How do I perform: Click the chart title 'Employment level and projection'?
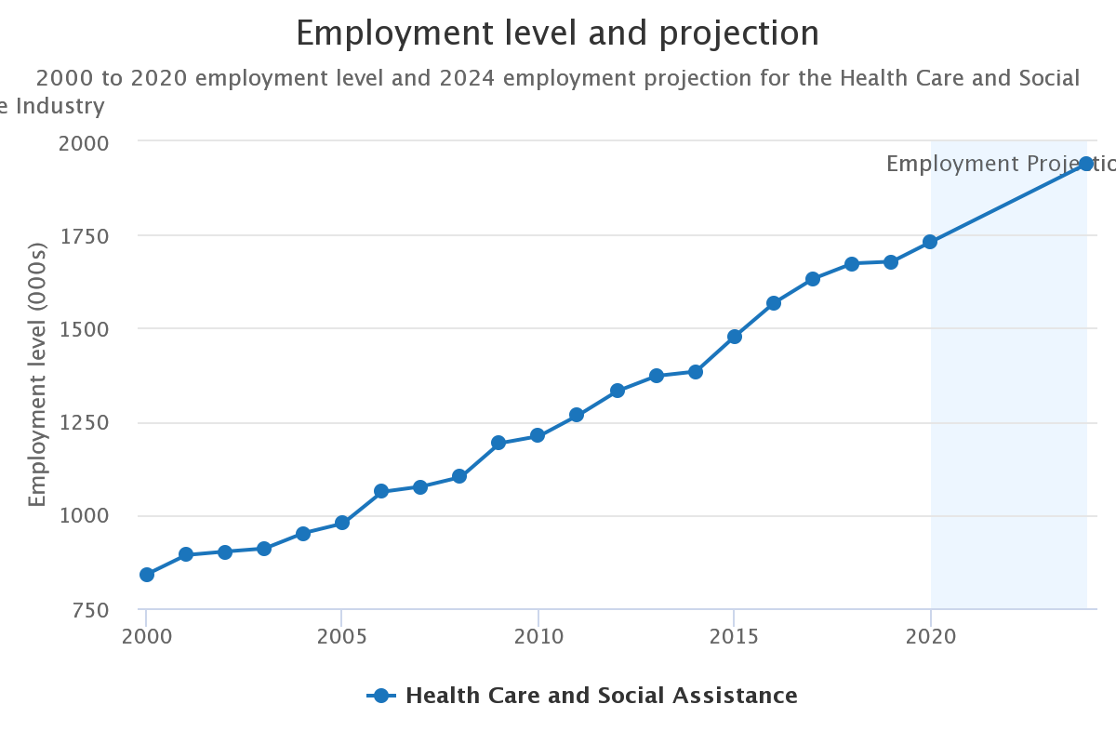click(558, 34)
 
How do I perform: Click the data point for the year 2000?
click(147, 575)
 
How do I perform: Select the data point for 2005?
click(342, 523)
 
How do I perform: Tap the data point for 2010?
click(538, 435)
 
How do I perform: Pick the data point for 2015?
click(735, 336)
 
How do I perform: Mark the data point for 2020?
click(930, 242)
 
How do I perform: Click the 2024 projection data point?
click(1086, 164)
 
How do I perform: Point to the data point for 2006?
click(381, 491)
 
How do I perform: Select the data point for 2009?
click(498, 443)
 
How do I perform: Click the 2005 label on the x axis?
click(342, 636)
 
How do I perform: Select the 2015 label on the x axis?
click(735, 636)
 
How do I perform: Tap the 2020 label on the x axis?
click(930, 636)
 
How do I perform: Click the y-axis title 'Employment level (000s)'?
click(37, 375)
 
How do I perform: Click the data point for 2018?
click(852, 264)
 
